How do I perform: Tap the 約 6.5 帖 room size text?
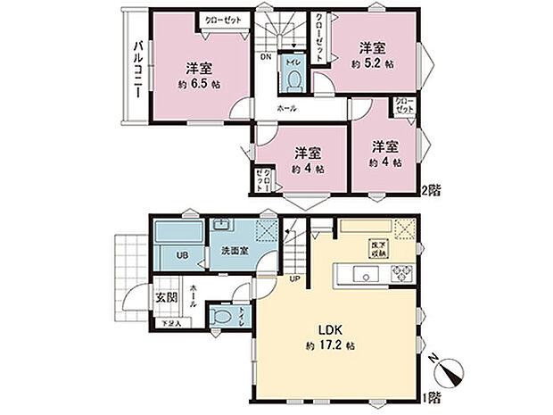point(198,83)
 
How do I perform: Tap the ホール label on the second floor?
point(287,108)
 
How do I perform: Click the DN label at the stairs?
point(266,58)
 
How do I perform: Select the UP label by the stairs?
point(293,278)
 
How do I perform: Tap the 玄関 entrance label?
point(167,298)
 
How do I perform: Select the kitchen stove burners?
point(399,273)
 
